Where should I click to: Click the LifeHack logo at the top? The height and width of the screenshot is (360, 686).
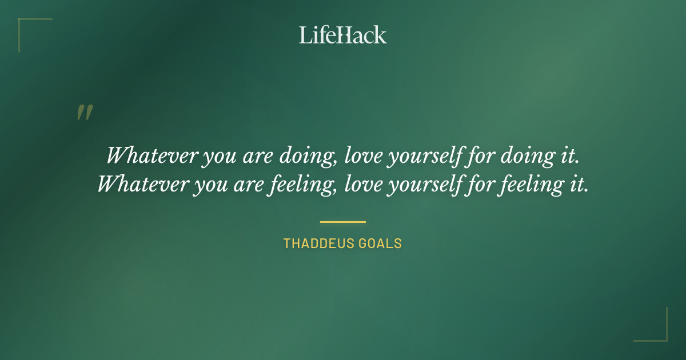click(x=343, y=35)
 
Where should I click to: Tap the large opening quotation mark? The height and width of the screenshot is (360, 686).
click(x=84, y=113)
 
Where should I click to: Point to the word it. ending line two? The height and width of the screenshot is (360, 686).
click(x=579, y=185)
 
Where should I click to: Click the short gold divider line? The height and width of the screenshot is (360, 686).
click(x=343, y=222)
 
